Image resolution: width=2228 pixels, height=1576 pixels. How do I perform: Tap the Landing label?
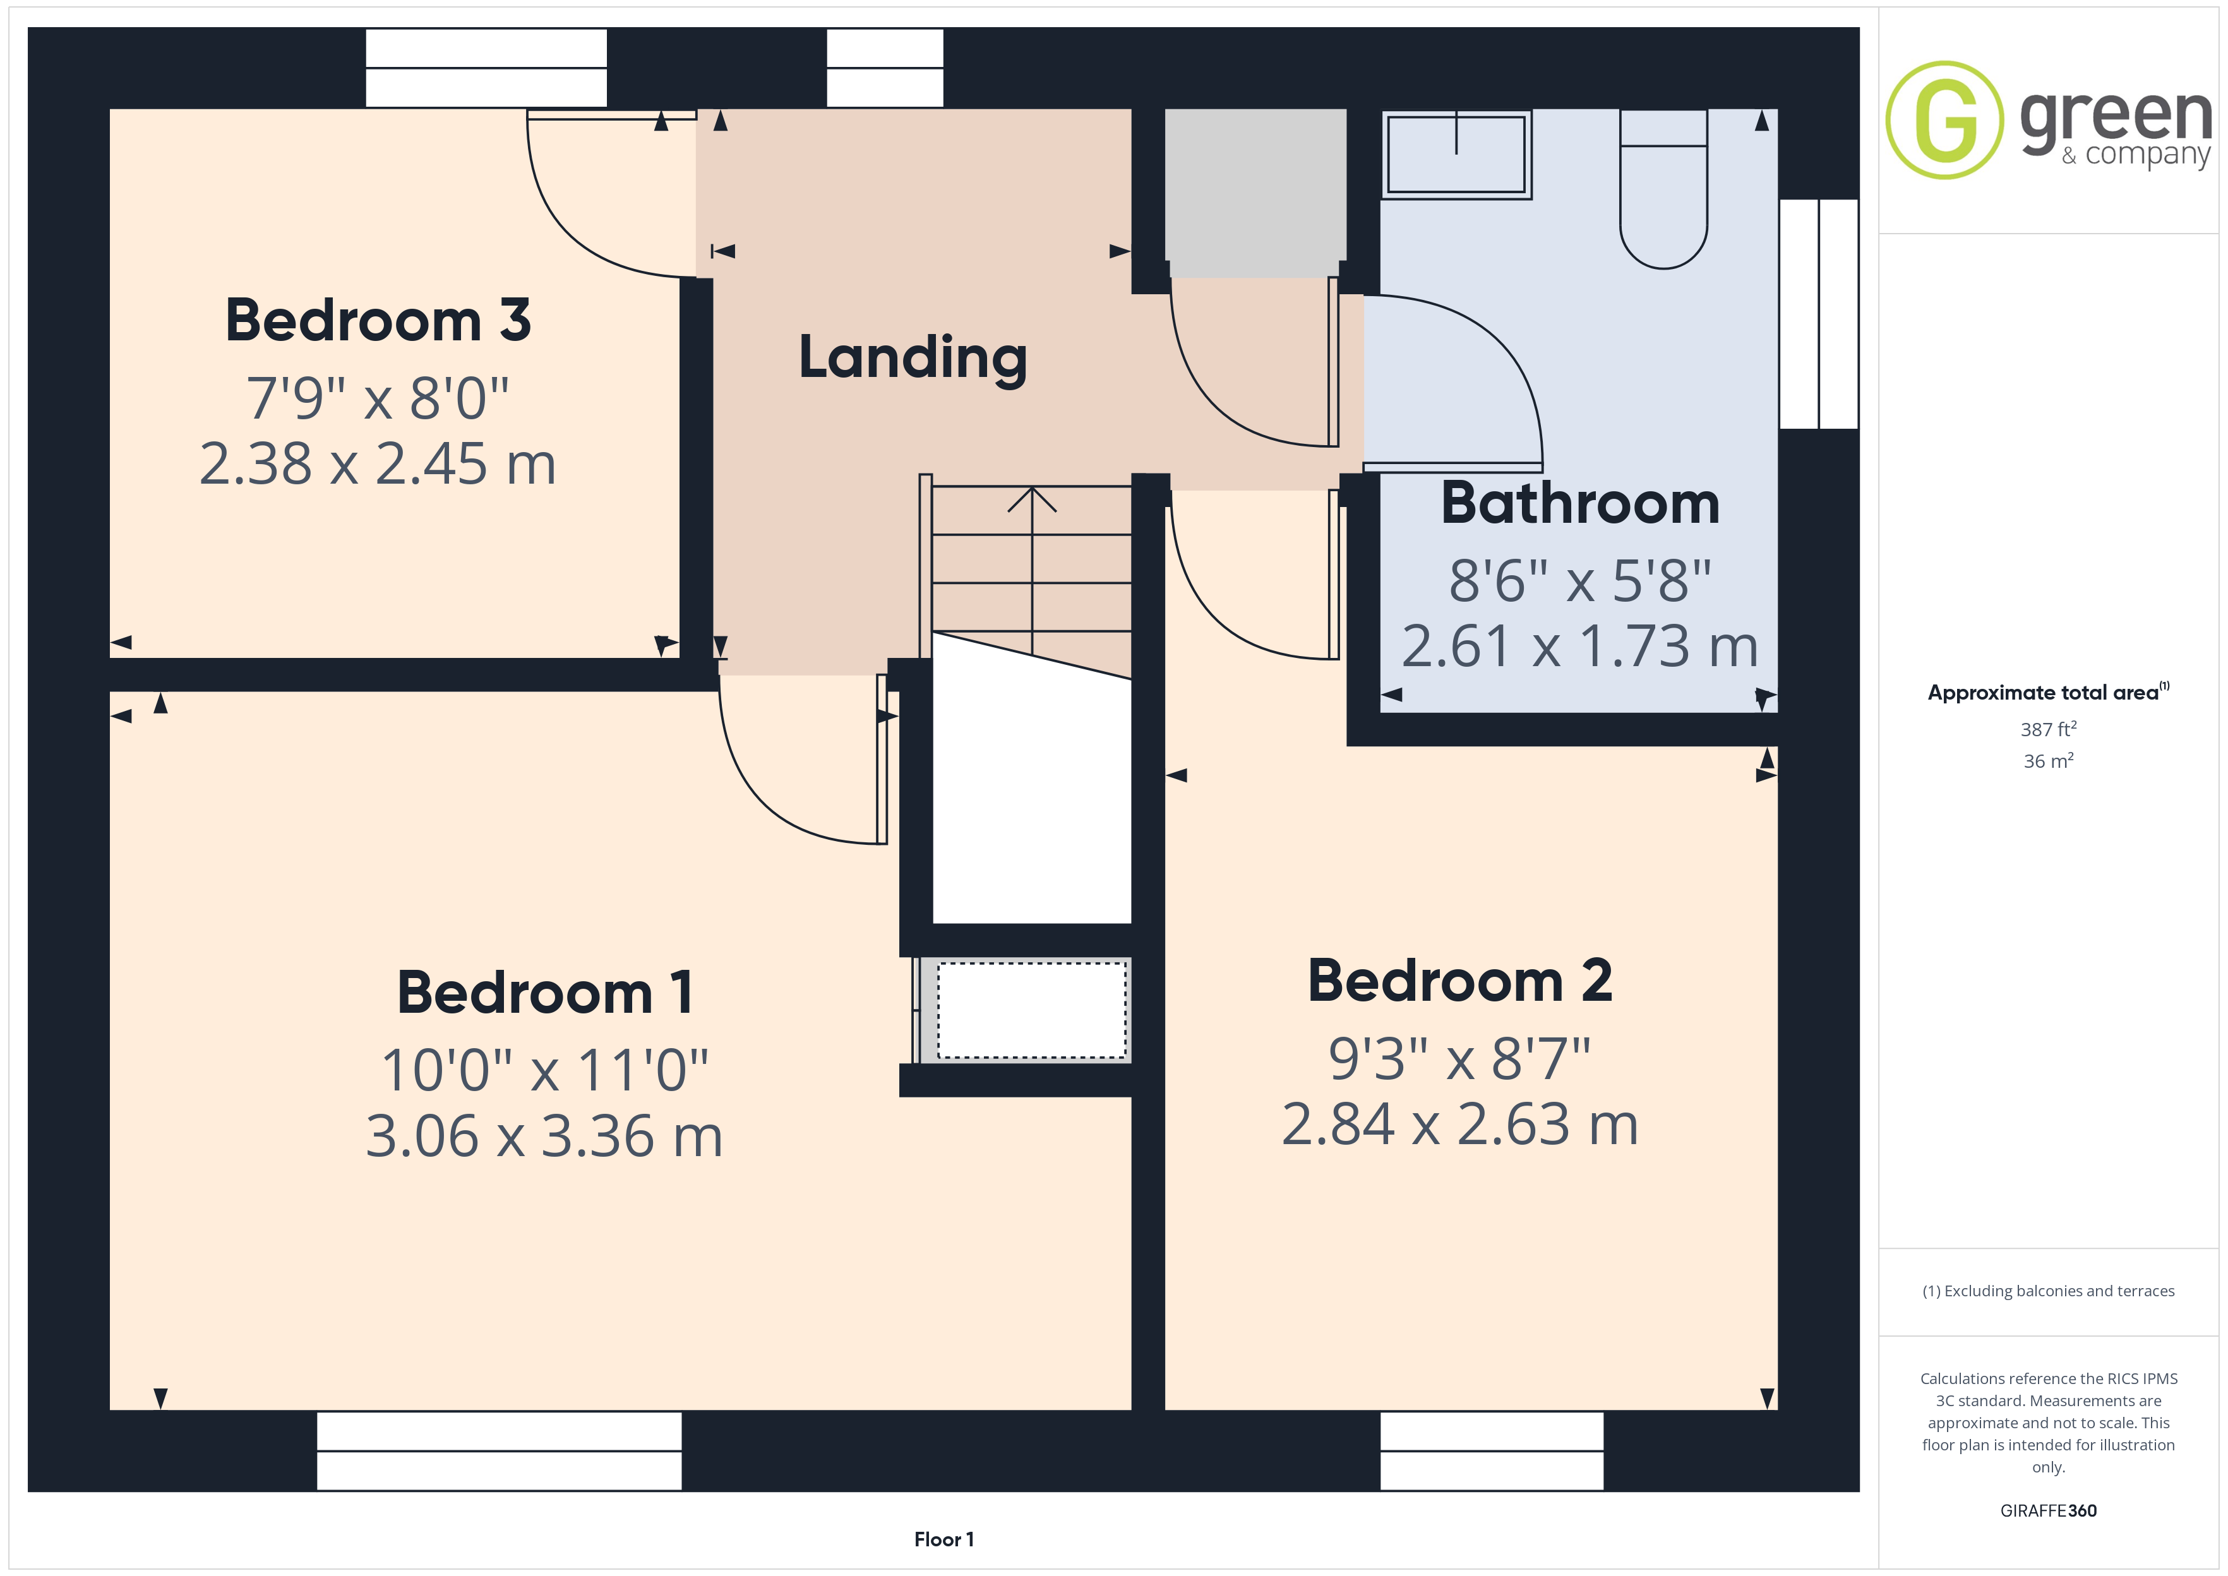[912, 358]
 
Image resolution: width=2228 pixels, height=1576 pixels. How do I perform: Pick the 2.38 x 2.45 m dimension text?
[378, 464]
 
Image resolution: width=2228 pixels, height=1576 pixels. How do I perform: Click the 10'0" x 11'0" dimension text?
[544, 1070]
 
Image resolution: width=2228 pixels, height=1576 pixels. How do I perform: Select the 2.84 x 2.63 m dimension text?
[1459, 1124]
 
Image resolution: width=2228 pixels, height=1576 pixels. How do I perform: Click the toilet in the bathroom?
[1663, 189]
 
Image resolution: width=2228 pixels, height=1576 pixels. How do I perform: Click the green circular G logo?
[1944, 121]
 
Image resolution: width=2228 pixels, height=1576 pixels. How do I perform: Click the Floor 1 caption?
[943, 1539]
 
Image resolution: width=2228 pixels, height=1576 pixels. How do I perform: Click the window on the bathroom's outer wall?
[1819, 313]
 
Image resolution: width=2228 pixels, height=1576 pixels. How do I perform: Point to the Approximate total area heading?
[2047, 692]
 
